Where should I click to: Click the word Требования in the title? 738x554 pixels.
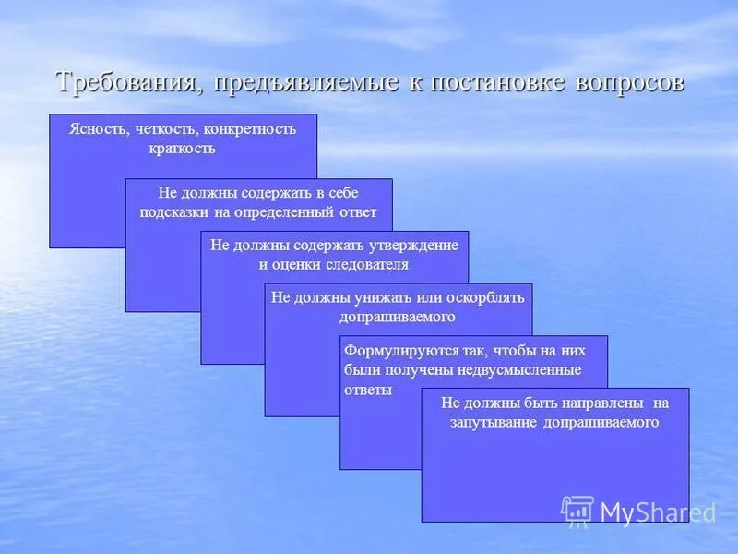coord(128,82)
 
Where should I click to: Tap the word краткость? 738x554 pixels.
coord(182,148)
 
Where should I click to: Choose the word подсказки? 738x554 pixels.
coord(173,211)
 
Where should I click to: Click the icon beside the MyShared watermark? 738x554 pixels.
coord(577,511)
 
